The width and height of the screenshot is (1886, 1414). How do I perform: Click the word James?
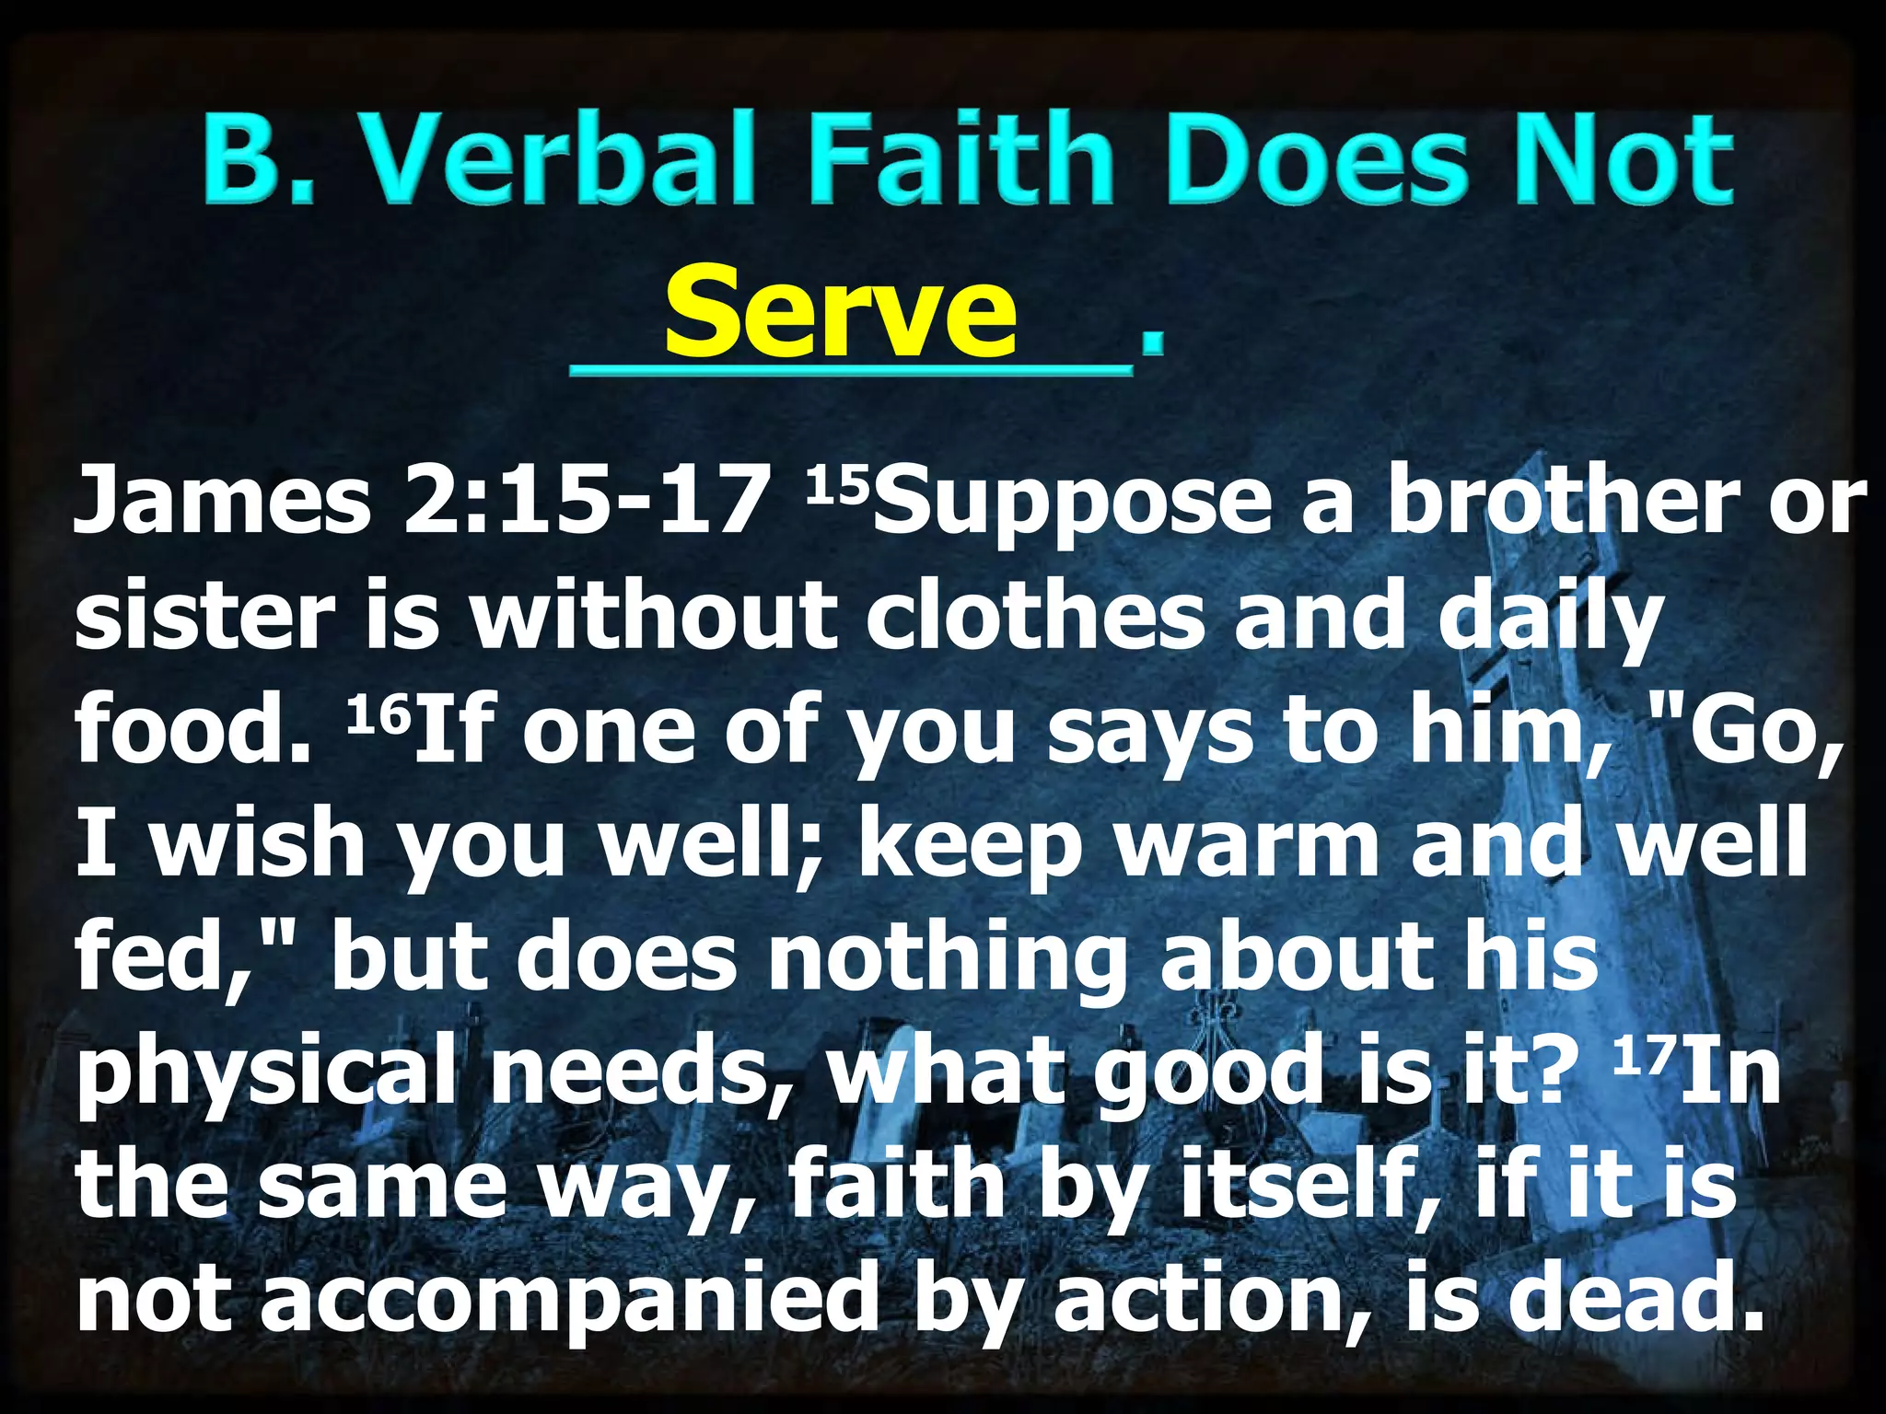(x=221, y=502)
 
